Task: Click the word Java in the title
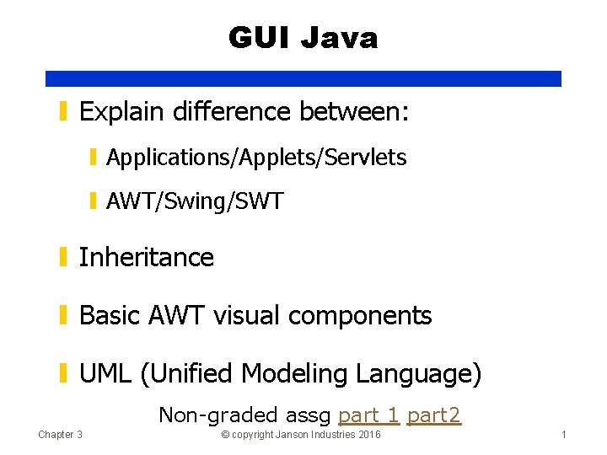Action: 340,38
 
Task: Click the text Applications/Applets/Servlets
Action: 256,158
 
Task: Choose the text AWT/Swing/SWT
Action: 195,202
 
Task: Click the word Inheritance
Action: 146,257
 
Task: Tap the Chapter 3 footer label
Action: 60,435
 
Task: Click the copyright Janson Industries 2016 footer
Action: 300,435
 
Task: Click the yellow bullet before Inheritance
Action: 64,257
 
